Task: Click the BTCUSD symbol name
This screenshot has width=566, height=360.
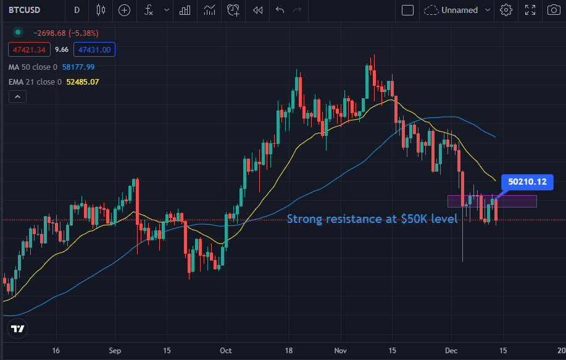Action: click(x=25, y=10)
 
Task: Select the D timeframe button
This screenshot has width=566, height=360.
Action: click(x=77, y=10)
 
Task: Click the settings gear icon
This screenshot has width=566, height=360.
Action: click(x=506, y=10)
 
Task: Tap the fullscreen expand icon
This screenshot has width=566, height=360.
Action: click(x=530, y=10)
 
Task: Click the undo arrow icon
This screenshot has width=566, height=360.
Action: click(x=280, y=10)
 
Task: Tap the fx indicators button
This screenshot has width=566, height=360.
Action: click(x=148, y=10)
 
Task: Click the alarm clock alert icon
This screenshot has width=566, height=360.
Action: click(x=233, y=10)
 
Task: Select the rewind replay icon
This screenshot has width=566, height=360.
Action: click(x=257, y=10)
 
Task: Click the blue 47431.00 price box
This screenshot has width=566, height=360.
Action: click(x=93, y=50)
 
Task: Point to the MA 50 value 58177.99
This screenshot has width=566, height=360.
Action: click(x=78, y=67)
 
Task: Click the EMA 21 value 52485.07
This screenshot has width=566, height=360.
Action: click(x=82, y=82)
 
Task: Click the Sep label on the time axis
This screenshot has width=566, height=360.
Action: click(x=115, y=350)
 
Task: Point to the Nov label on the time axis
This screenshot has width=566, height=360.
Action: click(x=340, y=350)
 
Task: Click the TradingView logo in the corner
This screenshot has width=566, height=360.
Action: click(x=18, y=329)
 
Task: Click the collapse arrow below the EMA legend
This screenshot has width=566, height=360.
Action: click(x=17, y=97)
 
